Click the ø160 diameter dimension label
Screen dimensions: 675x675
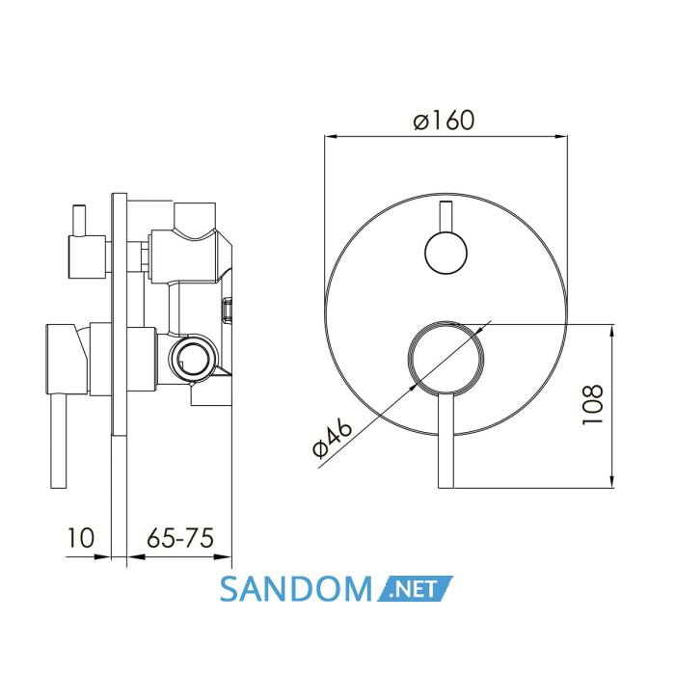[x=444, y=121]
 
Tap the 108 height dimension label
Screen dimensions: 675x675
[x=593, y=405]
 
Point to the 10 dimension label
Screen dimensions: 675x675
[x=80, y=538]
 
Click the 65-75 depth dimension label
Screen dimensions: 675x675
[x=180, y=538]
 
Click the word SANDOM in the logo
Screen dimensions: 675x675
[x=296, y=589]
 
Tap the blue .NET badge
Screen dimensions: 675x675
[x=416, y=588]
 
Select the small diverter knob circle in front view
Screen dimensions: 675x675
[x=445, y=253]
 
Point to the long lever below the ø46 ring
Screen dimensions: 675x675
[x=445, y=440]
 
